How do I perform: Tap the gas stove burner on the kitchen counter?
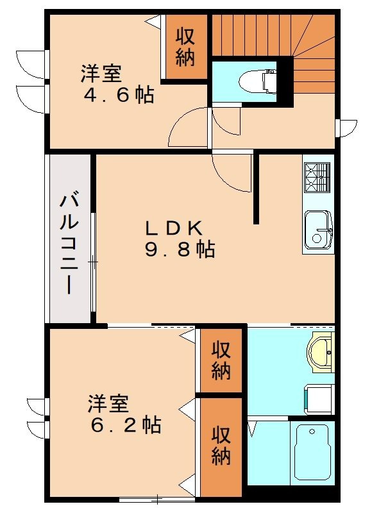[317, 177]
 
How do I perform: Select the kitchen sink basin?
[317, 230]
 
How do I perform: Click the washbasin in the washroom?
[320, 352]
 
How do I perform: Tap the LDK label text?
[175, 227]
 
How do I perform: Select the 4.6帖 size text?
[119, 96]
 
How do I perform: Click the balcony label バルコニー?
[69, 244]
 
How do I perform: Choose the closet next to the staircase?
[185, 47]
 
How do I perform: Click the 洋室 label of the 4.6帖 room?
[101, 74]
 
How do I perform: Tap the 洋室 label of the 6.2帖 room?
[108, 403]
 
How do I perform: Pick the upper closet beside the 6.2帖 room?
[221, 360]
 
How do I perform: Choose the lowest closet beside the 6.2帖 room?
[221, 446]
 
